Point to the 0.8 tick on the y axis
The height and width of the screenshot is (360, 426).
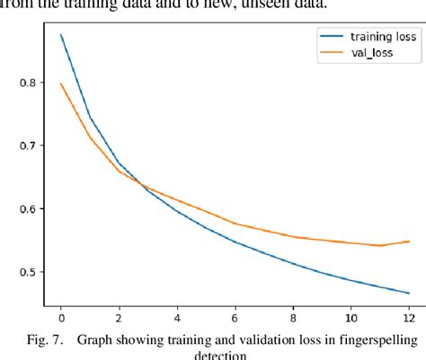point(24,82)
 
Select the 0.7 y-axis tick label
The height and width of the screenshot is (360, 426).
point(24,145)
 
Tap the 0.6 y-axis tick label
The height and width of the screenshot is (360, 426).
point(24,209)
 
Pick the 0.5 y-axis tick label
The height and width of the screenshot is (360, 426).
point(24,273)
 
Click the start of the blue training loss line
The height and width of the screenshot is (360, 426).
point(61,35)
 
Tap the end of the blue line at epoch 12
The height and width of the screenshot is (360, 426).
point(409,293)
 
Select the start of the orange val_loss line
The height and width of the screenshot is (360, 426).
point(61,83)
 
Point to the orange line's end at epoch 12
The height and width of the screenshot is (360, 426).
point(409,241)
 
